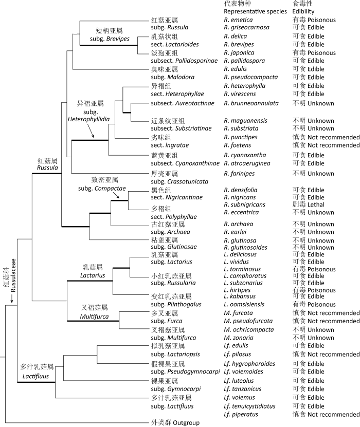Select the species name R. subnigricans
click(245, 205)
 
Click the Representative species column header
click(256, 11)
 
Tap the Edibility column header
click(303, 11)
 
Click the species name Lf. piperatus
click(241, 414)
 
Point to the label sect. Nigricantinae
click(177, 197)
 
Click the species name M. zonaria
click(238, 338)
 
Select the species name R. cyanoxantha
click(244, 155)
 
